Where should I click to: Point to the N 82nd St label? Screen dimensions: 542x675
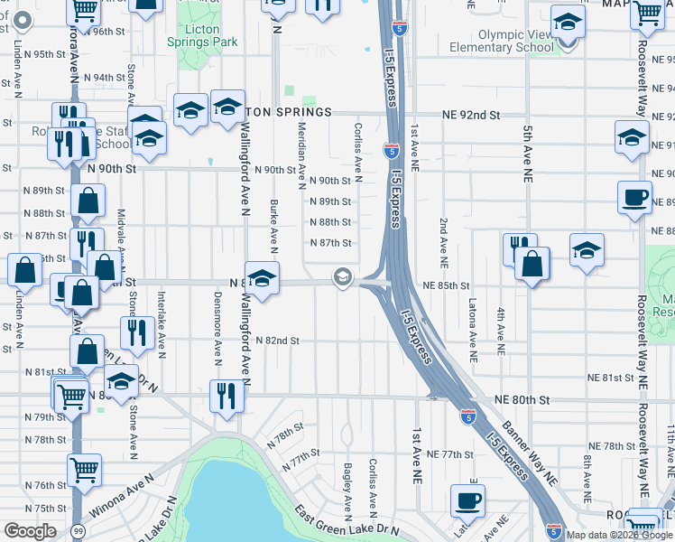276,341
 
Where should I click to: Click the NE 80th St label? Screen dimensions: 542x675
522,399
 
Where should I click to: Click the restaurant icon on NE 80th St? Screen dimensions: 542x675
226,396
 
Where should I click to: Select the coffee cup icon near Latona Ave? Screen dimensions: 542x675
467,500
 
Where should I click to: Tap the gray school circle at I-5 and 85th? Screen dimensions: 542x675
342,277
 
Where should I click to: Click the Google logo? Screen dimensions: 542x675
30,531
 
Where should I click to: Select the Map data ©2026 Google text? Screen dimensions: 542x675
619,535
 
